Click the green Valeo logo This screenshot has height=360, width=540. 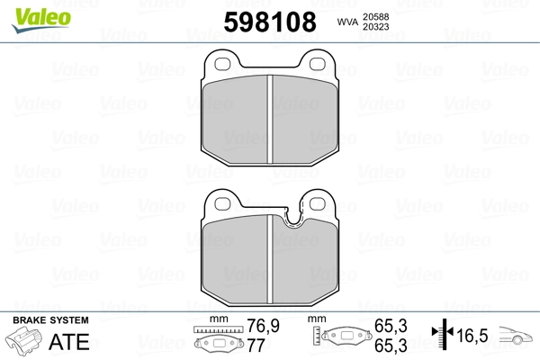pos(41,20)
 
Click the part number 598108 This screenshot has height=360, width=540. pos(270,22)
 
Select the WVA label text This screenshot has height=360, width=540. pos(347,22)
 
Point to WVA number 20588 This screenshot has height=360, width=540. pos(375,17)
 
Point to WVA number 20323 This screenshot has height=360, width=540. pos(375,27)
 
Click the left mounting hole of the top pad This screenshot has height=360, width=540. pos(222,64)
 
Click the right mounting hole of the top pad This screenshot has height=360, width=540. pos(318,64)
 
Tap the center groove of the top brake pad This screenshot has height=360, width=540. pos(270,119)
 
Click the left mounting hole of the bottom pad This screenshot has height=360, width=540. pos(222,203)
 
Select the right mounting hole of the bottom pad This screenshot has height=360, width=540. pos(318,203)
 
